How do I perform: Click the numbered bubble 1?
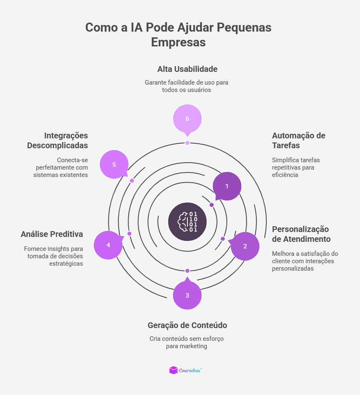point(227,186)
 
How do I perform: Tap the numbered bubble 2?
point(245,246)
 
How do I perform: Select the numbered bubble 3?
point(187,295)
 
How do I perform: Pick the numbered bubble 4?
point(108,245)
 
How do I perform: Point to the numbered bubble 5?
point(114,165)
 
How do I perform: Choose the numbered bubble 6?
point(187,119)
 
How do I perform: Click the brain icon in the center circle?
point(187,222)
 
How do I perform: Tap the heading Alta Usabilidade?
point(187,69)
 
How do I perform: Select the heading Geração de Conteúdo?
point(187,325)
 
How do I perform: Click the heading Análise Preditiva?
point(52,234)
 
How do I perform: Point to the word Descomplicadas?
point(58,146)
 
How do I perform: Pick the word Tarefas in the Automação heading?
point(286,146)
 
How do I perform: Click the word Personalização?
point(300,229)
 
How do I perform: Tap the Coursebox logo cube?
point(173,370)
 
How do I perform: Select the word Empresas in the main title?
point(178,42)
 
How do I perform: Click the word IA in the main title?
point(136,27)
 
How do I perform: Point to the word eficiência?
point(285,175)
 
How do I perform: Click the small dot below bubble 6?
point(187,143)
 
